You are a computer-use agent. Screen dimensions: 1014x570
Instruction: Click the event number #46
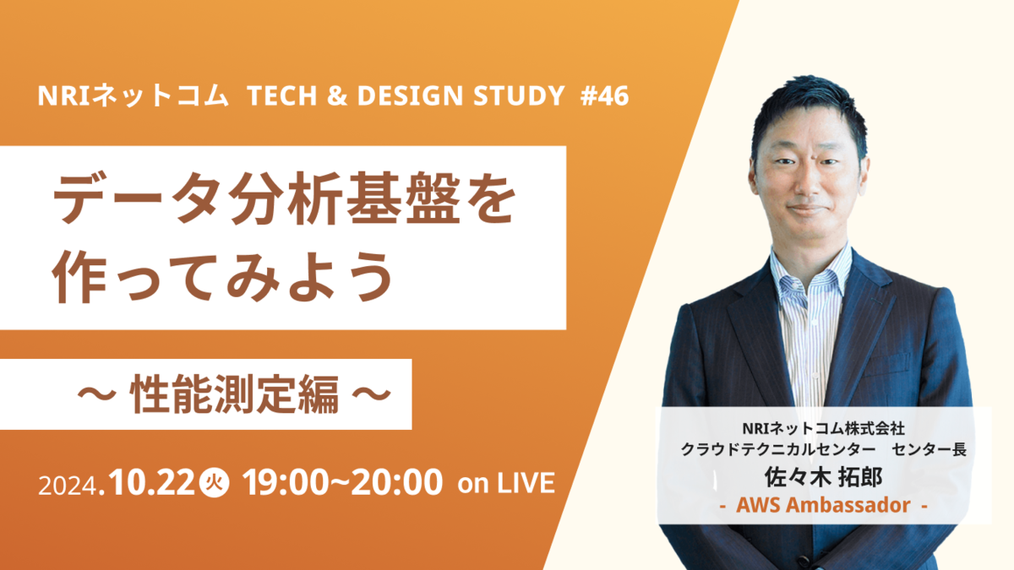click(604, 96)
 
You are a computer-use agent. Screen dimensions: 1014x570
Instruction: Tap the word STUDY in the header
click(519, 96)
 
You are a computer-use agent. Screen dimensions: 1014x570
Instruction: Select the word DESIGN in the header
click(410, 96)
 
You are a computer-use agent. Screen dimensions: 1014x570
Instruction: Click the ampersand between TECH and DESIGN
click(337, 96)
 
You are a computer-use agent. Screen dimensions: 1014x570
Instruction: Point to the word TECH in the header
click(281, 96)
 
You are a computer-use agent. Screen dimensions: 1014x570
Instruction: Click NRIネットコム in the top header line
click(133, 96)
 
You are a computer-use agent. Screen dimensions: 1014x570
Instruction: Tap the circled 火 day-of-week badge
click(214, 483)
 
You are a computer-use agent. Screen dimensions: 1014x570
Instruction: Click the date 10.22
click(151, 482)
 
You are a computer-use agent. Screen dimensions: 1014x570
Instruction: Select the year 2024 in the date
click(68, 486)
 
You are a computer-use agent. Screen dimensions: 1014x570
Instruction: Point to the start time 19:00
click(286, 482)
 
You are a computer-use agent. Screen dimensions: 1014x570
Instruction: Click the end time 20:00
click(396, 482)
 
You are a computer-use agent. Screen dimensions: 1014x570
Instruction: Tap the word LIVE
click(526, 483)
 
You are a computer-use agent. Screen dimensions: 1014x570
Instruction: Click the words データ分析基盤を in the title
click(284, 198)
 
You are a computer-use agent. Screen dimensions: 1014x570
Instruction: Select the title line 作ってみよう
click(223, 276)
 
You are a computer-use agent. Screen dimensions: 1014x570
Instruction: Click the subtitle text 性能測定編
click(234, 394)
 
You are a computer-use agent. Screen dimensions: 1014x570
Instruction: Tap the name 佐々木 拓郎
click(823, 477)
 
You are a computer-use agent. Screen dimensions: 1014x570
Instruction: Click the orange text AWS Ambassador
click(823, 505)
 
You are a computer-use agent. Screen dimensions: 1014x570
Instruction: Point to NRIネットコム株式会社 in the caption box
click(823, 428)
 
